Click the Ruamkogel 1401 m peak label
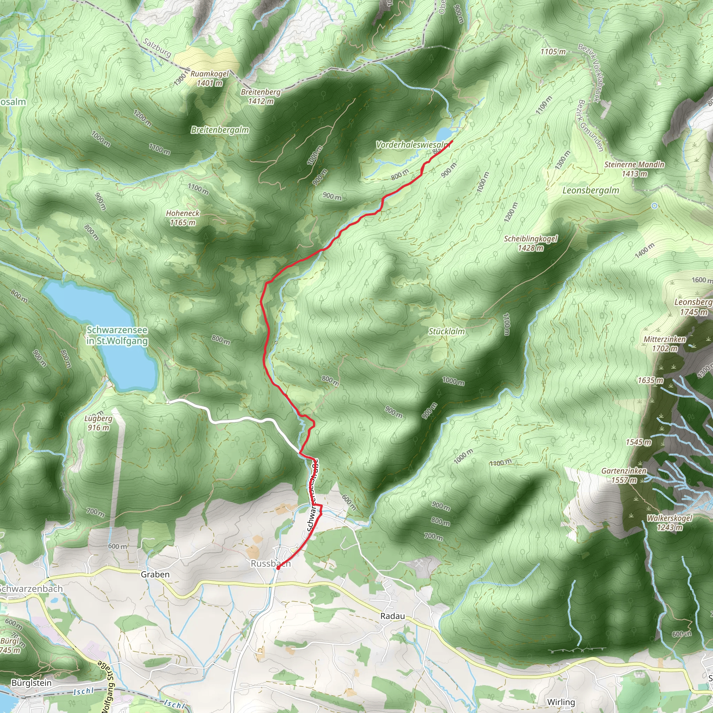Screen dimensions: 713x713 [209, 79]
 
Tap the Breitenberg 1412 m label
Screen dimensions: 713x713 [261, 96]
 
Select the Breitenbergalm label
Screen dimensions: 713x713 [220, 130]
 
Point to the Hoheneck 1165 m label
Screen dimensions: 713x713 [182, 218]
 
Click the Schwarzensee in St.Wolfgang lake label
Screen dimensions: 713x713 [117, 335]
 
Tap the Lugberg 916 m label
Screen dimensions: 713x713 [98, 423]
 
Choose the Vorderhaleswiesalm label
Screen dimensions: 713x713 [413, 145]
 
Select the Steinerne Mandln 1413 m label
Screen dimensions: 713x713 [634, 169]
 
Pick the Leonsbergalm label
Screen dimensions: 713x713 [590, 190]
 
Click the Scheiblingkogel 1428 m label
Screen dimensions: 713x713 [531, 243]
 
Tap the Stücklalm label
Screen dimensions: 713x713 [446, 331]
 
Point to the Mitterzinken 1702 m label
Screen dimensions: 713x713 [665, 344]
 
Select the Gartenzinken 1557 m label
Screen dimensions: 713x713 [624, 475]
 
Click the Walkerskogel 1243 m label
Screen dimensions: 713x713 [669, 523]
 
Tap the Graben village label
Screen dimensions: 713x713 [155, 574]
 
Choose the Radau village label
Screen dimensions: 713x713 [393, 616]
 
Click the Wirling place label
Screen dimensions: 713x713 [561, 702]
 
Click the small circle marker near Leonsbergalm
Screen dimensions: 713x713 [654, 205]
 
